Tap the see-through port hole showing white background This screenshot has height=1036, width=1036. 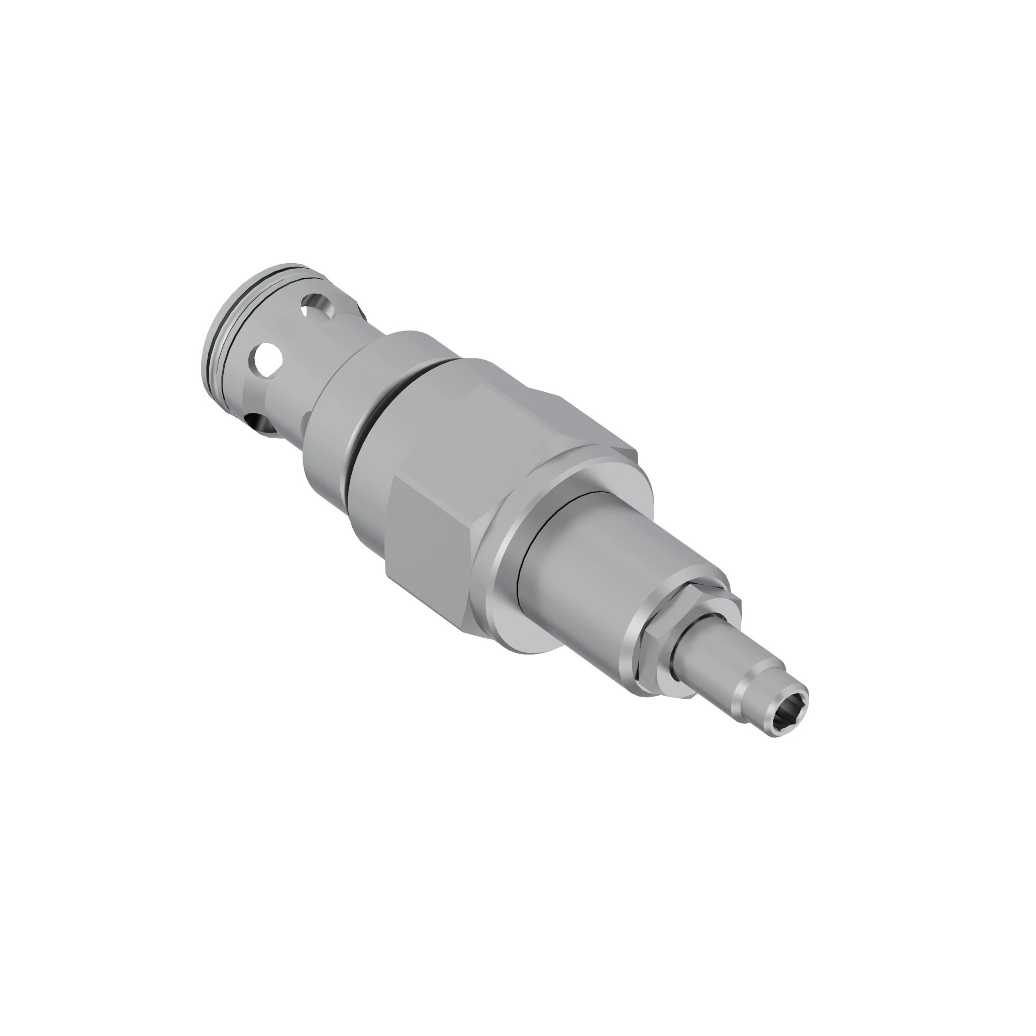[268, 356]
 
